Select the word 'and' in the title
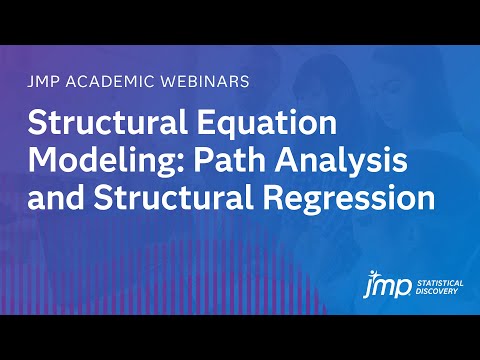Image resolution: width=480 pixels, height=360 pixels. [51, 196]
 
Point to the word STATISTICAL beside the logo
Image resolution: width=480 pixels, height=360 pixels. [441, 284]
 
